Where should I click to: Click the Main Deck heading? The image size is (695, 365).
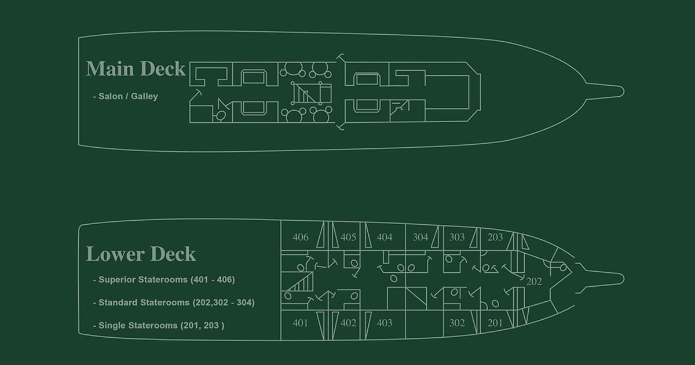click(136, 69)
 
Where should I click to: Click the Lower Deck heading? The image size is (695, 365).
click(141, 254)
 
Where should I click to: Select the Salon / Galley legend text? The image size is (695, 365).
click(125, 97)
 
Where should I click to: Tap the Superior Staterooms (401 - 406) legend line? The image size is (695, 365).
click(166, 279)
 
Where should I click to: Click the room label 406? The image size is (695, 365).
click(301, 237)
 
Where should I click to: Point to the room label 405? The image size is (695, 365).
click(348, 237)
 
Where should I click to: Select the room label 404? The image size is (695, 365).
click(384, 237)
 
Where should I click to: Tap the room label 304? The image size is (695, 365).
click(420, 237)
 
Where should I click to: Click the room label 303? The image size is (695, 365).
click(456, 237)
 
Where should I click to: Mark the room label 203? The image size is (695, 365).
click(495, 237)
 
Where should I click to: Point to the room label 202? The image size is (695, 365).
click(534, 282)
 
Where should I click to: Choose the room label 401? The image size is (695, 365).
click(300, 323)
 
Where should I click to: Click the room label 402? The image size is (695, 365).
click(348, 323)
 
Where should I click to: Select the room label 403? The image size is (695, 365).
click(384, 323)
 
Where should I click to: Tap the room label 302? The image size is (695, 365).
click(457, 323)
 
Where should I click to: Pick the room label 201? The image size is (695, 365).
click(495, 323)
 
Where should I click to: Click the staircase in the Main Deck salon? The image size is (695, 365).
click(303, 93)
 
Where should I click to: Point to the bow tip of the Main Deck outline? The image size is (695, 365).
click(622, 91)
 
